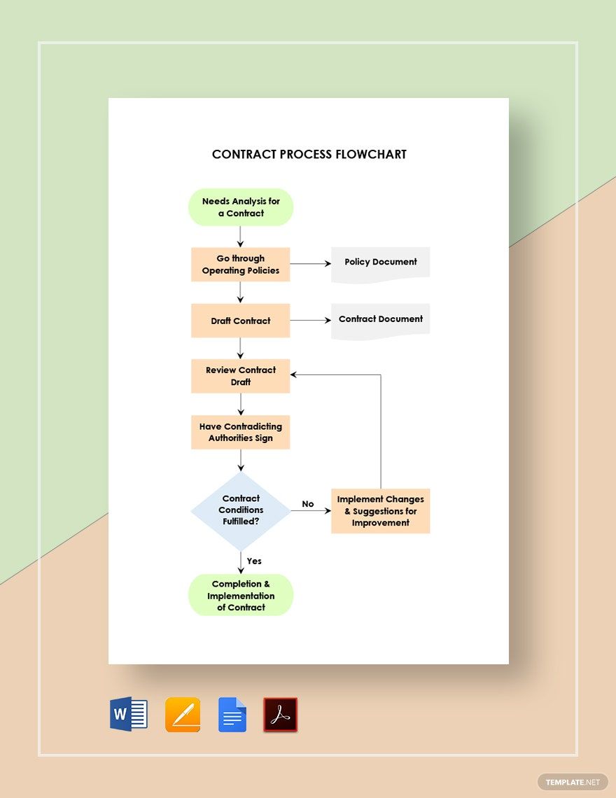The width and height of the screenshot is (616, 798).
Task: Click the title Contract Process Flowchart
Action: tap(309, 154)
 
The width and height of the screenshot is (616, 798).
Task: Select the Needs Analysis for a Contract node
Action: tap(241, 207)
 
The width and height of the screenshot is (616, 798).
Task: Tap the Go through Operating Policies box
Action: tap(241, 265)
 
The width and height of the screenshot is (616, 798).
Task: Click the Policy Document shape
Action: tap(380, 263)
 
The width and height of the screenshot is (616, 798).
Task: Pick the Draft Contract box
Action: tap(241, 321)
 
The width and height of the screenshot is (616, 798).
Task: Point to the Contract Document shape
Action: tap(380, 320)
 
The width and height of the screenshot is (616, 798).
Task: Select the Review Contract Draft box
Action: tap(241, 376)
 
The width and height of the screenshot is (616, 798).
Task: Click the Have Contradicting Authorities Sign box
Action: tap(241, 432)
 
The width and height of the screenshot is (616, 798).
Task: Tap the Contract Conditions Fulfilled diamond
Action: tap(241, 510)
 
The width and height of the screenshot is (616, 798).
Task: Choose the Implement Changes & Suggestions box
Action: tap(380, 511)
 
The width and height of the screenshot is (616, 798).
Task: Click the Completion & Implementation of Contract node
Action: tap(241, 595)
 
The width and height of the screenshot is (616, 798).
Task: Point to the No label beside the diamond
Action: tap(308, 504)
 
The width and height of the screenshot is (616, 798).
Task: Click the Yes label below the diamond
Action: tap(254, 561)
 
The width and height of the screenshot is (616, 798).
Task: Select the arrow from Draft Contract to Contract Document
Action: tap(310, 321)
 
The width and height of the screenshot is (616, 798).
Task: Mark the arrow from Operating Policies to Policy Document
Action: tap(310, 264)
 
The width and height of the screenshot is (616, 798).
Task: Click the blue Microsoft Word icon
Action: tap(129, 715)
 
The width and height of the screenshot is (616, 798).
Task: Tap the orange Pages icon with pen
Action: tap(183, 715)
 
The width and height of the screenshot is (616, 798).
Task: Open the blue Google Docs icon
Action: tap(232, 715)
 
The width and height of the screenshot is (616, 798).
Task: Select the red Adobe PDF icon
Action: tap(280, 715)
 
